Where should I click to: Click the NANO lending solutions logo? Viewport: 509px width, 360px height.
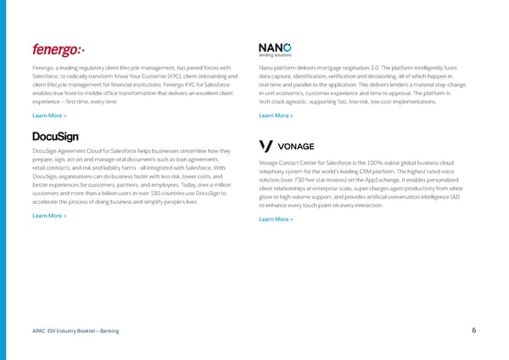pyautogui.click(x=276, y=49)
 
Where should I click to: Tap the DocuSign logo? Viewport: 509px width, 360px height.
pyautogui.click(x=56, y=136)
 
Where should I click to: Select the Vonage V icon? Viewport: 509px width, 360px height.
pyautogui.click(x=266, y=146)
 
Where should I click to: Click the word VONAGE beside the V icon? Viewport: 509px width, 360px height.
pyautogui.click(x=296, y=146)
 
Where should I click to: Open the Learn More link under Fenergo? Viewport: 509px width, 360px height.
pyautogui.click(x=49, y=115)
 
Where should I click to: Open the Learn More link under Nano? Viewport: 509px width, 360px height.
pyautogui.click(x=276, y=115)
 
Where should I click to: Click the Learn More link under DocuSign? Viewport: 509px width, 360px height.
pyautogui.click(x=49, y=216)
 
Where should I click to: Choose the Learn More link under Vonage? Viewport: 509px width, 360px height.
pyautogui.click(x=276, y=219)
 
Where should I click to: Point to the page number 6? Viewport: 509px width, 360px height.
pyautogui.click(x=473, y=330)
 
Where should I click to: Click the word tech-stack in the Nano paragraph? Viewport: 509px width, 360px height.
pyautogui.click(x=272, y=101)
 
